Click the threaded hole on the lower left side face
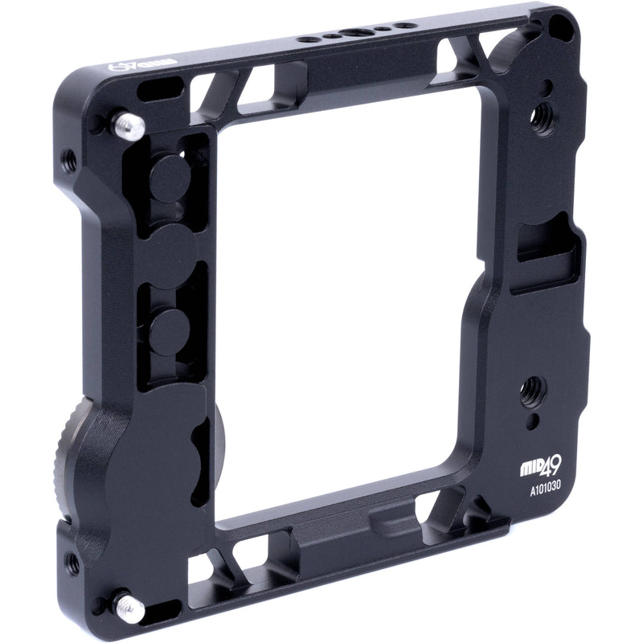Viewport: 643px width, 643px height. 72,563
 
